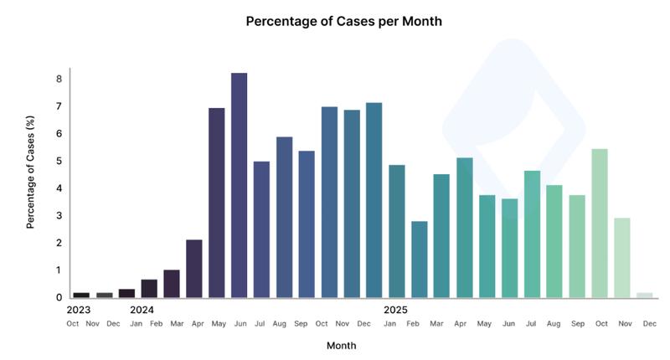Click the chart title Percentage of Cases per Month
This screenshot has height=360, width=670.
(x=343, y=21)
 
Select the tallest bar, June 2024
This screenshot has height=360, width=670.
(x=239, y=185)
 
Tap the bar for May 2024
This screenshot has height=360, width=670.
(x=216, y=203)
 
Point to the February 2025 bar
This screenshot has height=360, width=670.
(x=419, y=260)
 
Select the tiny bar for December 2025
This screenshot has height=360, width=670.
(x=644, y=295)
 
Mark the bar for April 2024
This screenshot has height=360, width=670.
(x=193, y=269)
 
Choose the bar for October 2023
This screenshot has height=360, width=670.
(x=81, y=295)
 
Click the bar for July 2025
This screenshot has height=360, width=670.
(x=532, y=234)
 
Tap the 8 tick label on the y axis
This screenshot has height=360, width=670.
(x=59, y=80)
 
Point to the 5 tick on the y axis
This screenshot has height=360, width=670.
(x=59, y=161)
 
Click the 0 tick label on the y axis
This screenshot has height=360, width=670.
(x=59, y=297)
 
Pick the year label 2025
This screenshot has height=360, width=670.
(x=395, y=309)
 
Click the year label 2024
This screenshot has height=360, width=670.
(x=142, y=309)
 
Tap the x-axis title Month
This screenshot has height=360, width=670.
(x=341, y=345)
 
